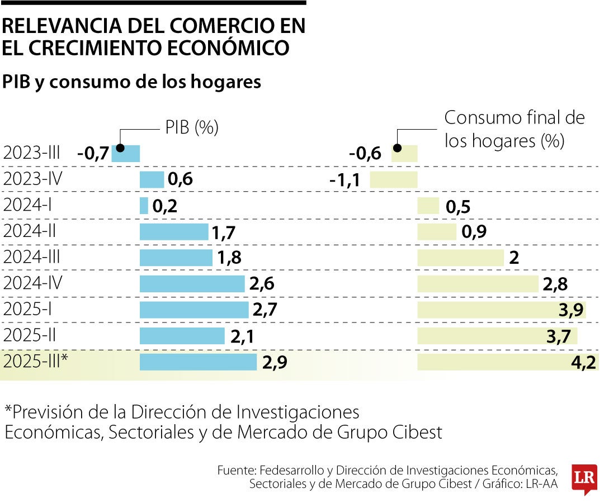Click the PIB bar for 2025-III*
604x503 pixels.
(198, 362)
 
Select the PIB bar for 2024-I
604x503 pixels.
(144, 206)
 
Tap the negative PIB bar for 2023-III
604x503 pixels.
(126, 153)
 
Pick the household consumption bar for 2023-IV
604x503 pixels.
(394, 179)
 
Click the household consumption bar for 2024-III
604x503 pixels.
(461, 258)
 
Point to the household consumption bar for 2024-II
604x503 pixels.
(437, 231)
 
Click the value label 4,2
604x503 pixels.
(584, 363)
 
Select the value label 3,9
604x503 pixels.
(572, 311)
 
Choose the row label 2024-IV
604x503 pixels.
(32, 283)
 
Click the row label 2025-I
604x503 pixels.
(28, 310)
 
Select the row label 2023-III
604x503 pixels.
(31, 153)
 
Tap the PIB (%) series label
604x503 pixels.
(191, 127)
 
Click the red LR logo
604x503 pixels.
(584, 478)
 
